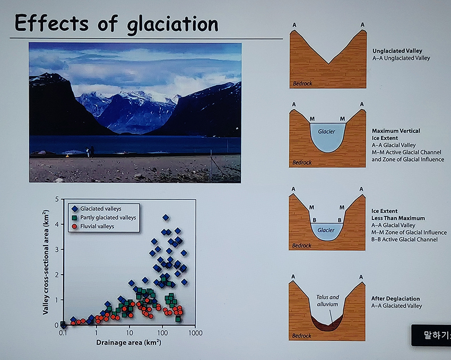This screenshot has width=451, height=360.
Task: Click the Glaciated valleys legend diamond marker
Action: [75, 209]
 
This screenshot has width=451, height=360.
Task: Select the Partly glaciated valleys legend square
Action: [75, 218]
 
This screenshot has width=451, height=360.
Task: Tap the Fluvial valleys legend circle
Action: [75, 226]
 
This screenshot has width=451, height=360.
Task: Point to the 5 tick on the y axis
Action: [56, 199]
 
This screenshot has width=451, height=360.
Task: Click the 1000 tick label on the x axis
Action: [195, 333]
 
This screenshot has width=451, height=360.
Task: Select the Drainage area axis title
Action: [128, 343]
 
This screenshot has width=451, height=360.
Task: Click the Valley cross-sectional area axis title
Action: [46, 262]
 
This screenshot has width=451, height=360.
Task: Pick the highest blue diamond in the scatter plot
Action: [166, 217]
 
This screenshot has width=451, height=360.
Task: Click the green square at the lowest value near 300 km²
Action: [178, 319]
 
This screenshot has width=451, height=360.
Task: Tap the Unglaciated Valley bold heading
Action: [397, 51]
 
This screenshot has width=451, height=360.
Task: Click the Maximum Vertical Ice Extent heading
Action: [396, 135]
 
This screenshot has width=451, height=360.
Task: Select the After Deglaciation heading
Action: [395, 299]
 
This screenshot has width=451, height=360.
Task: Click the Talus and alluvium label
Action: [327, 301]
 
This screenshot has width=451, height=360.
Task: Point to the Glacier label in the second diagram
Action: [326, 131]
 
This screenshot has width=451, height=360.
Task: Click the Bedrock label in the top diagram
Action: [302, 84]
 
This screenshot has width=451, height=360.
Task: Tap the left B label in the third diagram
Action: [315, 220]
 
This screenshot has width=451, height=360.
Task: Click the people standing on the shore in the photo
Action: [90, 152]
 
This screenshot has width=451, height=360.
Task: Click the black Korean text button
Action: [431, 335]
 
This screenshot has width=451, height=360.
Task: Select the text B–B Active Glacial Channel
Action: [404, 240]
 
